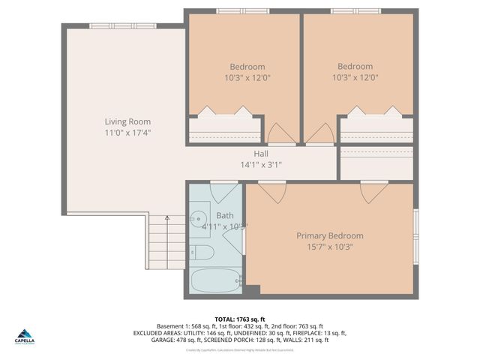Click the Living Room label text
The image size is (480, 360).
[x=127, y=121]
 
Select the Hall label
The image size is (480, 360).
[x=261, y=154]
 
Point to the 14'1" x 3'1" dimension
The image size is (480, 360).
[x=261, y=165]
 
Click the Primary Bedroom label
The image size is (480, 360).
[x=330, y=235]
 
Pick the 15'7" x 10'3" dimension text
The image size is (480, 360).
[x=330, y=246]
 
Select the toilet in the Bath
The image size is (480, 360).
[x=200, y=252]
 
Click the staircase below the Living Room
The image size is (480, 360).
[x=166, y=241]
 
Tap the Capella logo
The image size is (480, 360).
[x=24, y=336]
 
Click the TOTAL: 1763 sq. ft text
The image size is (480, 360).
[x=239, y=319]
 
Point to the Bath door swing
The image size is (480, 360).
[x=223, y=192]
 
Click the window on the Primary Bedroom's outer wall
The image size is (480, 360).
[x=416, y=230]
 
